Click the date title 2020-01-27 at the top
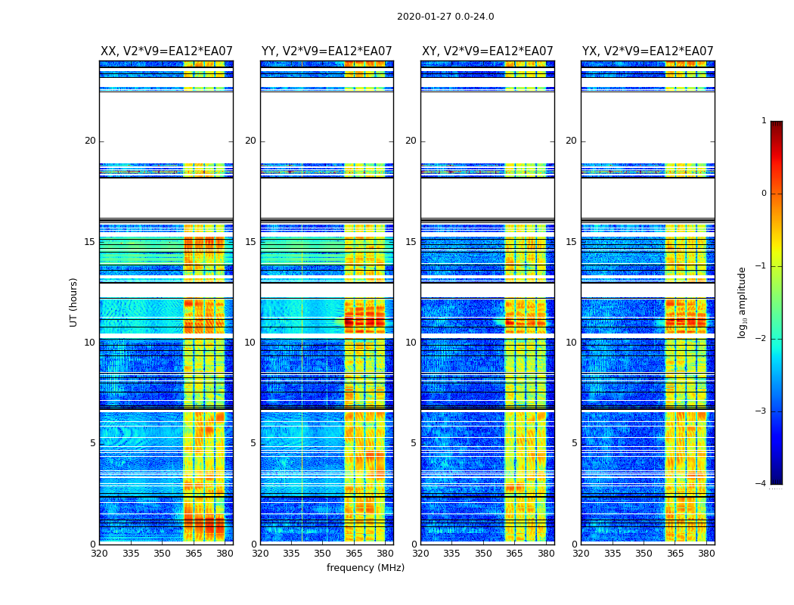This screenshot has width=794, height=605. pos(445,17)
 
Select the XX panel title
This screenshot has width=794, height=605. pos(166,51)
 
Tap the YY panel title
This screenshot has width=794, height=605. pos(327,51)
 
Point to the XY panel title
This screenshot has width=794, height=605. pos(488,51)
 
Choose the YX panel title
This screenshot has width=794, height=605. pos(648,51)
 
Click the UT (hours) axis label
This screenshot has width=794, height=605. pos(74,302)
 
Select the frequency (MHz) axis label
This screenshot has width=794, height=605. pos(365,568)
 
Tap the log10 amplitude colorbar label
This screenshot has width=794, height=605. pos(743,302)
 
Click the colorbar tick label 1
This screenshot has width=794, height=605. pos(764,121)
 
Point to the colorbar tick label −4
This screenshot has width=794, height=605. pos(761,484)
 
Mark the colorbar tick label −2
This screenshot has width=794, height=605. pos(761,339)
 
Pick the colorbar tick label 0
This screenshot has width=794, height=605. pos(764,194)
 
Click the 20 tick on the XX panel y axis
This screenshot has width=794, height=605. pos(90,141)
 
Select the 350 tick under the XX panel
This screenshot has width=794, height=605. pos(162,553)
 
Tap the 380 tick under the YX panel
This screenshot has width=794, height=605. pos(706,553)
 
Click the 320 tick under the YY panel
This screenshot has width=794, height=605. pos(260,553)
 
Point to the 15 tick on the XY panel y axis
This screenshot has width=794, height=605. pos(411,242)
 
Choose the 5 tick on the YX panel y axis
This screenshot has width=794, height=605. pos(574,443)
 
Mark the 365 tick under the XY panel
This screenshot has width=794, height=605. pos(514,553)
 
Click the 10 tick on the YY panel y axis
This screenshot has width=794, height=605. pos(250,343)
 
